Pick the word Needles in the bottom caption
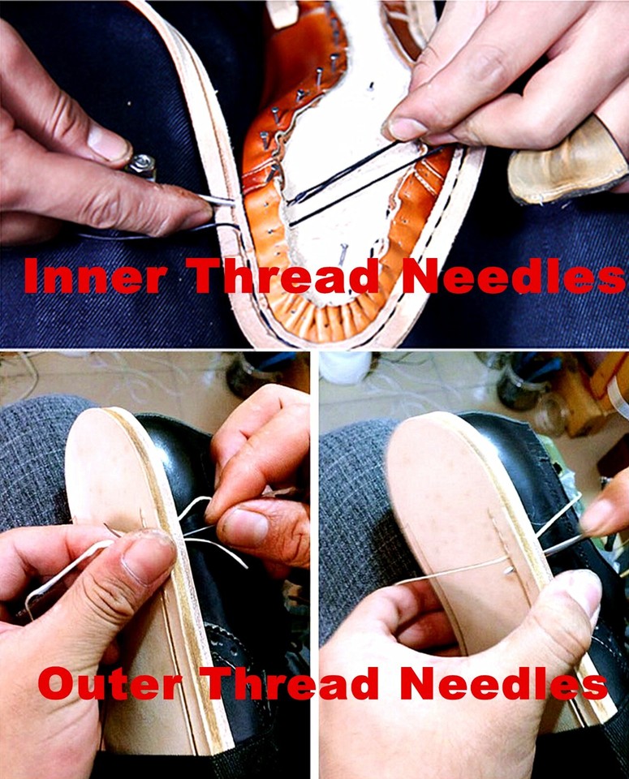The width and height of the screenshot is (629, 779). (x=503, y=684)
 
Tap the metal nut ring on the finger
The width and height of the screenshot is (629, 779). (x=141, y=167)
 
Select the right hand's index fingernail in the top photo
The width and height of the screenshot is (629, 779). (x=406, y=128)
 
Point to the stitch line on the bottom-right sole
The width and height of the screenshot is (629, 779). (x=495, y=536)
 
